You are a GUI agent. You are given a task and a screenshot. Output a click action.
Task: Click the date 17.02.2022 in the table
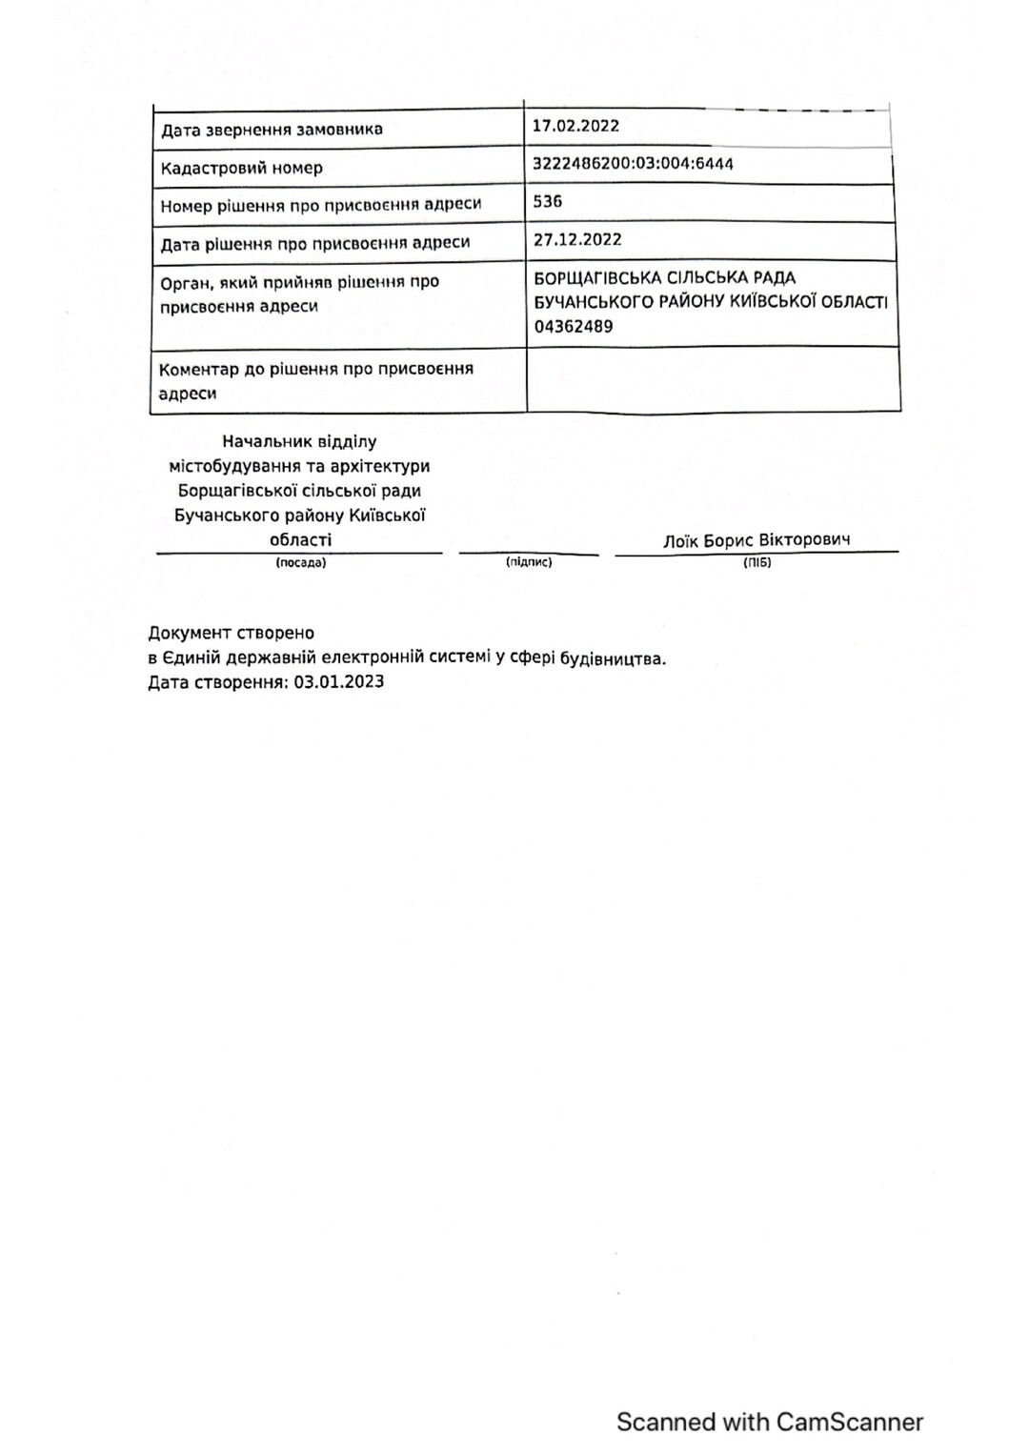pyautogui.click(x=575, y=126)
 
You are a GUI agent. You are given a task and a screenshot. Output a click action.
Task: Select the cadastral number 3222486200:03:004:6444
pyautogui.click(x=633, y=164)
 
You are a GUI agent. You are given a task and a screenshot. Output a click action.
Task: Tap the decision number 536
pyautogui.click(x=548, y=202)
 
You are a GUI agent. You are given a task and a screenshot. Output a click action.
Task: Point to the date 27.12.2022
pyautogui.click(x=576, y=240)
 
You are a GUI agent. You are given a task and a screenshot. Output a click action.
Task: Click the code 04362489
pyautogui.click(x=573, y=327)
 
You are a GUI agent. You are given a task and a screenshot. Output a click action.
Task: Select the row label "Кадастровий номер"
pyautogui.click(x=241, y=169)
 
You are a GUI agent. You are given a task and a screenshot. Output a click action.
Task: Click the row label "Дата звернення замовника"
pyautogui.click(x=272, y=130)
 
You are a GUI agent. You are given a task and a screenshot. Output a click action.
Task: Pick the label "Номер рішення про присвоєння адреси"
pyautogui.click(x=320, y=205)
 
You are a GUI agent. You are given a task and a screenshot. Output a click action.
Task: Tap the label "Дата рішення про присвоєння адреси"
pyautogui.click(x=314, y=243)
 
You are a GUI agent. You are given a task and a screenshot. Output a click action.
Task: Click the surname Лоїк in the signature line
pyautogui.click(x=681, y=541)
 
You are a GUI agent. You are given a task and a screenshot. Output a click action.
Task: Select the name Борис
pyautogui.click(x=729, y=541)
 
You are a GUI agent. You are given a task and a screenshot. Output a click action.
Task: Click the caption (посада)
pyautogui.click(x=301, y=563)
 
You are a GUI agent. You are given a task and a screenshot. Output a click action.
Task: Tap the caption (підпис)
pyautogui.click(x=529, y=563)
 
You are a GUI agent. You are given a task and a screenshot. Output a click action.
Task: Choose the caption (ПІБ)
pyautogui.click(x=757, y=563)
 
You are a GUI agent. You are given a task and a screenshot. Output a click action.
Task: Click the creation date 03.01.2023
pyautogui.click(x=339, y=682)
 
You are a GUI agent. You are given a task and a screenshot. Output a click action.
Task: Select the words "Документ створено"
pyautogui.click(x=231, y=633)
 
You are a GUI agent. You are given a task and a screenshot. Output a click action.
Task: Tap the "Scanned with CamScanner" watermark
pyautogui.click(x=769, y=1423)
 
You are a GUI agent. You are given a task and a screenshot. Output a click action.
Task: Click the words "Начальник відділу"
pyautogui.click(x=299, y=442)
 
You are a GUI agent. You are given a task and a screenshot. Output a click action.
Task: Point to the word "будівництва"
pyautogui.click(x=612, y=658)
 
